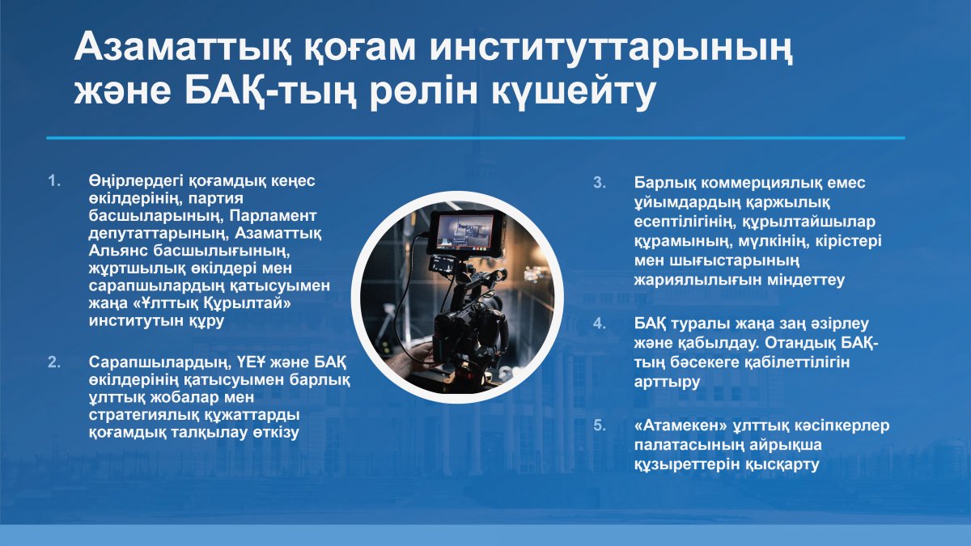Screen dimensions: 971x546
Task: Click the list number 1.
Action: [54, 181]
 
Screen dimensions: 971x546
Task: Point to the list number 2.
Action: [54, 362]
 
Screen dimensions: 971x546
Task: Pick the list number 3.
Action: [600, 183]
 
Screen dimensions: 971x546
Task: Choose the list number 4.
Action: [600, 324]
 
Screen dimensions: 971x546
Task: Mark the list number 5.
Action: [600, 425]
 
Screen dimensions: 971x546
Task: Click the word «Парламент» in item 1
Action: [273, 216]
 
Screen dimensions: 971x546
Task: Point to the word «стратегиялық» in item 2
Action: [144, 415]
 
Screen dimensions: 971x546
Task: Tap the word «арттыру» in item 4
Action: [667, 382]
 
